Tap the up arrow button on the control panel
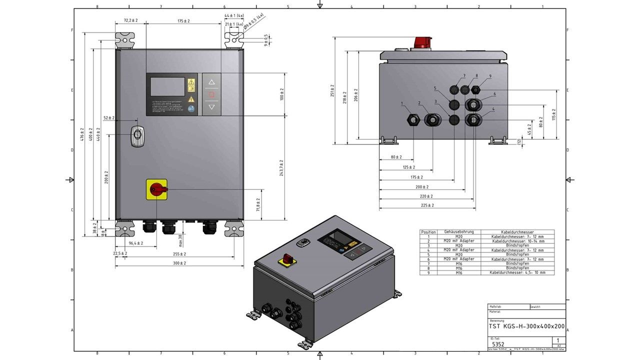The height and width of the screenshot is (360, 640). point(211,82)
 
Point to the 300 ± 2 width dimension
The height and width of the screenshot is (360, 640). point(179,263)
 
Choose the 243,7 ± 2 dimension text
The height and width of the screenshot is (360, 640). point(281,167)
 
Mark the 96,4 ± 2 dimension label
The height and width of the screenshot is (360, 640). point(136,243)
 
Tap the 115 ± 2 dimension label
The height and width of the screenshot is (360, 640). point(554,114)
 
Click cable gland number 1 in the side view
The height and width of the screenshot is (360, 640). point(413,120)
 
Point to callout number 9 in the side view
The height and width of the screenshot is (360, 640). point(490,76)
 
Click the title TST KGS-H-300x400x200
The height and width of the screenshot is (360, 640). point(526,326)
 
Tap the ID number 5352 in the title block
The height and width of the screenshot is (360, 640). point(497,344)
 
